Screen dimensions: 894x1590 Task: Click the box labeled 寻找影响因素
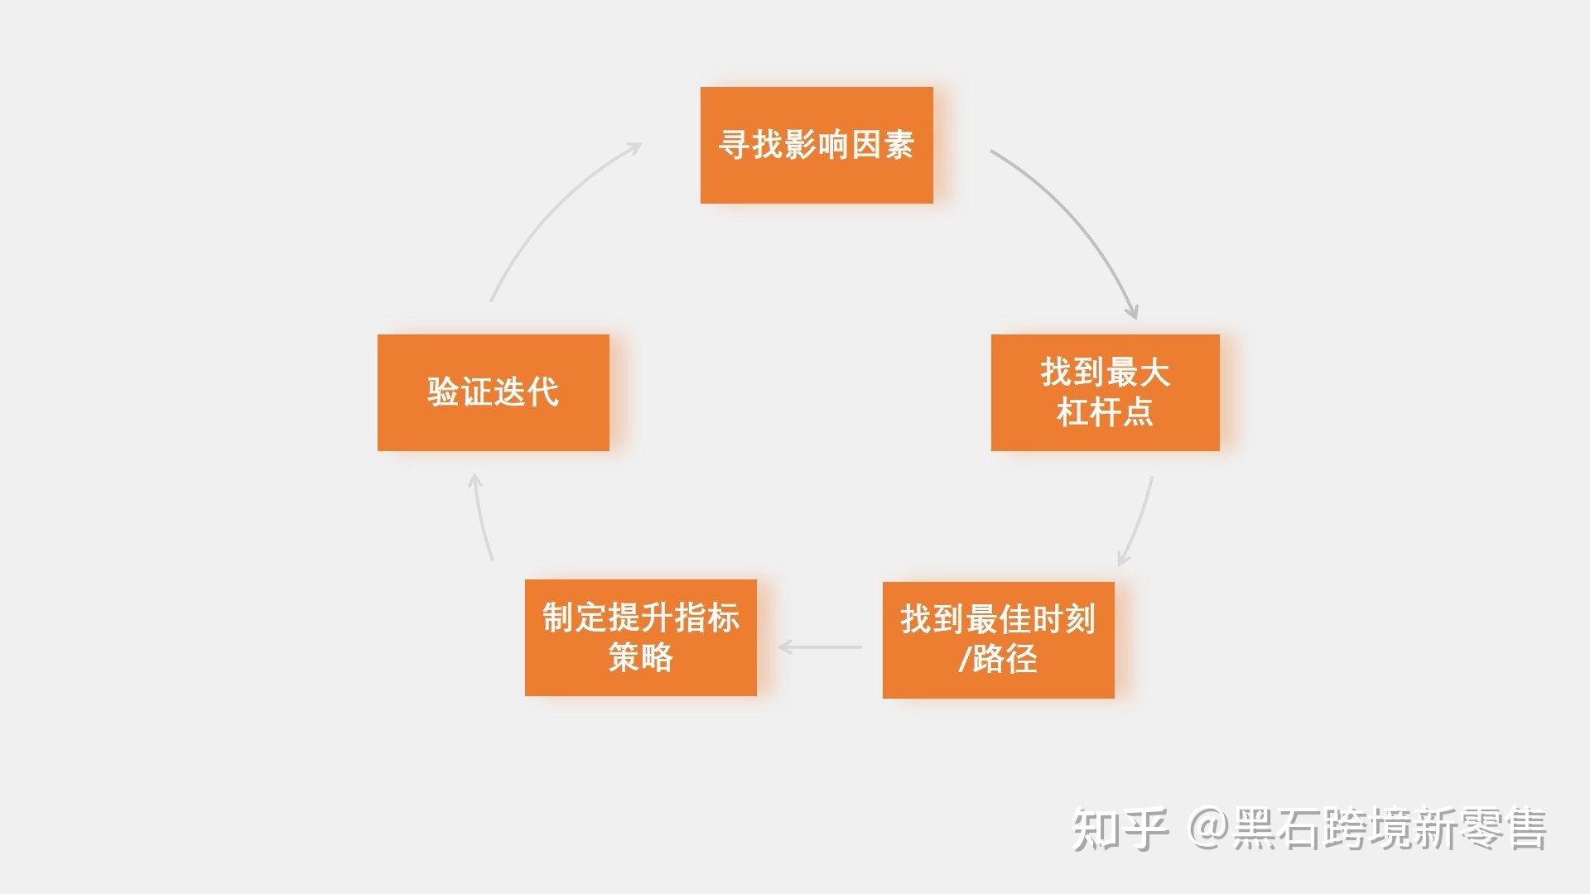click(x=817, y=145)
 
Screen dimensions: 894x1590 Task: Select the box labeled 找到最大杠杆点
click(x=1105, y=392)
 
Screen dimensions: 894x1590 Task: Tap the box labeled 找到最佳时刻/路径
click(x=998, y=639)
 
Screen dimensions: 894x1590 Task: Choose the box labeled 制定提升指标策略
click(x=640, y=637)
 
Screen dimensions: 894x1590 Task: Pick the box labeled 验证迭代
click(x=493, y=392)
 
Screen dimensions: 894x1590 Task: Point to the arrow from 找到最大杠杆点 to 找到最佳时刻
click(x=1139, y=521)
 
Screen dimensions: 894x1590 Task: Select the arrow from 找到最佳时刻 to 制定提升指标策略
click(x=820, y=646)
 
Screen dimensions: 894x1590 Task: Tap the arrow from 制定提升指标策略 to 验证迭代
click(x=481, y=517)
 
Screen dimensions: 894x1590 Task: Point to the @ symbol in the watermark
click(x=1208, y=829)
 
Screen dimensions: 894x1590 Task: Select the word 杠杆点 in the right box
click(x=1105, y=412)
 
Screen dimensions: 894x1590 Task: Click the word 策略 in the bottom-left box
click(x=640, y=658)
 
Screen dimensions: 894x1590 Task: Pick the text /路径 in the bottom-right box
click(x=998, y=660)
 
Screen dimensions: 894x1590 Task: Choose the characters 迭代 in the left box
click(x=526, y=392)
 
